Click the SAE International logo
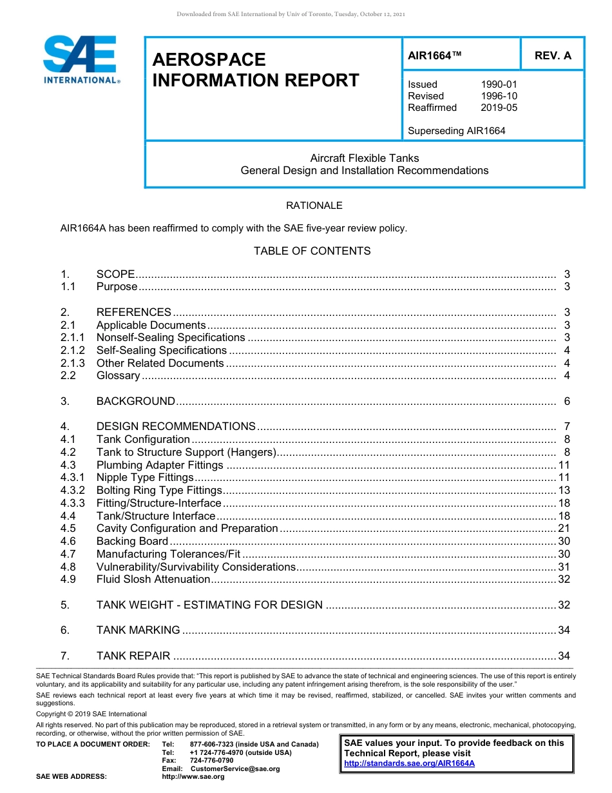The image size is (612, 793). click(80, 59)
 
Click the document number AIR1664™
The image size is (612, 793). click(435, 56)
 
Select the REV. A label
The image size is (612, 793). click(552, 56)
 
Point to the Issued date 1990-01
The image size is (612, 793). click(499, 84)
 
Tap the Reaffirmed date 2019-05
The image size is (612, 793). click(499, 108)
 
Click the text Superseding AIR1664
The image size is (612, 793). click(456, 131)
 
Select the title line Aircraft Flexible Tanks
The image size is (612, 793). click(364, 158)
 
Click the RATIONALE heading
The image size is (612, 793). click(314, 206)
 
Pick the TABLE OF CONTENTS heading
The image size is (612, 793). click(312, 251)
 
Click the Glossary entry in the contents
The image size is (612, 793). click(118, 376)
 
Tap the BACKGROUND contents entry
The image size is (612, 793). click(135, 401)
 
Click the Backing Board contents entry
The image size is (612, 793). click(132, 542)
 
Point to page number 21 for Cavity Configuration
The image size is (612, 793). click(564, 529)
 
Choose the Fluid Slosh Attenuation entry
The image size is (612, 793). click(153, 580)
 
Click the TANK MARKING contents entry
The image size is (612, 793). click(138, 631)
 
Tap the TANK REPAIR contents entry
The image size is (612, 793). click(133, 656)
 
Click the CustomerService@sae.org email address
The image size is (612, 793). click(235, 769)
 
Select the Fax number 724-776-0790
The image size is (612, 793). click(211, 761)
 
